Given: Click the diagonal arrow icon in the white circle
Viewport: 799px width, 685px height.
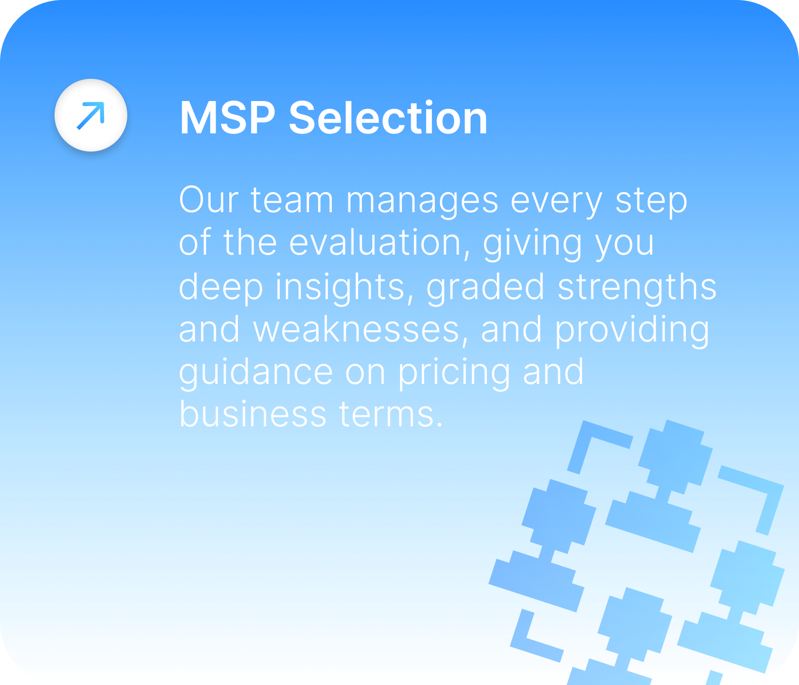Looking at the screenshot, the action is tap(91, 115).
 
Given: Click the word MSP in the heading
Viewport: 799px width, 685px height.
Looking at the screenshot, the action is tap(228, 118).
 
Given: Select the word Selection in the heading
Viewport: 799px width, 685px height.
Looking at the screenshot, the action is tap(388, 118).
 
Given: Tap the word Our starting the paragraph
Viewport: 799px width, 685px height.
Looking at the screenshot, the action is tap(209, 200).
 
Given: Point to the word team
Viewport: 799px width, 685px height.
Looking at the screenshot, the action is tap(292, 200).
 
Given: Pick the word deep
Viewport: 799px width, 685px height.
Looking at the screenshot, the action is tap(221, 288).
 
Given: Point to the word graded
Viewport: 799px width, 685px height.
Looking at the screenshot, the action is tap(485, 288).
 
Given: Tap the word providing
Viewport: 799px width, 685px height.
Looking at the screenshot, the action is tap(633, 331).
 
